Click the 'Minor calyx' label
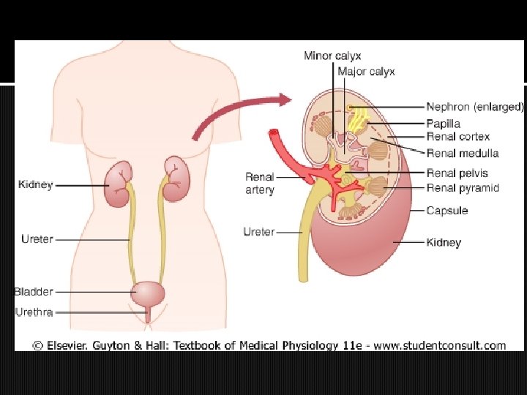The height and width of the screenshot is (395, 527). pos(332,56)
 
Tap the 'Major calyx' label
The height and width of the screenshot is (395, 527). pos(366,72)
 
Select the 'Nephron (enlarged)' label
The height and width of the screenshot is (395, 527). pos(475,107)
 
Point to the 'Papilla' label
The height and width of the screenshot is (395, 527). pos(444,124)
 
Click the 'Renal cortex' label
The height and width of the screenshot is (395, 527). pos(458,137)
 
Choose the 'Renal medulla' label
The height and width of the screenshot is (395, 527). pos(463,153)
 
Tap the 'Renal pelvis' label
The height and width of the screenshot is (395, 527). pos(457,173)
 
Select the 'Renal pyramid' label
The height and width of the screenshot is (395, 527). pos(463,188)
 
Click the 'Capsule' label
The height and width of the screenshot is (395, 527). pos(447,211)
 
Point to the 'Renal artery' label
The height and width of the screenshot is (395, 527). pos(260,183)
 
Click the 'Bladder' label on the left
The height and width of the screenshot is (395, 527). pos(34,292)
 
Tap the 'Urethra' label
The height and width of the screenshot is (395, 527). pos(34,312)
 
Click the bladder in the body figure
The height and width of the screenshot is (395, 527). pos(148,295)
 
